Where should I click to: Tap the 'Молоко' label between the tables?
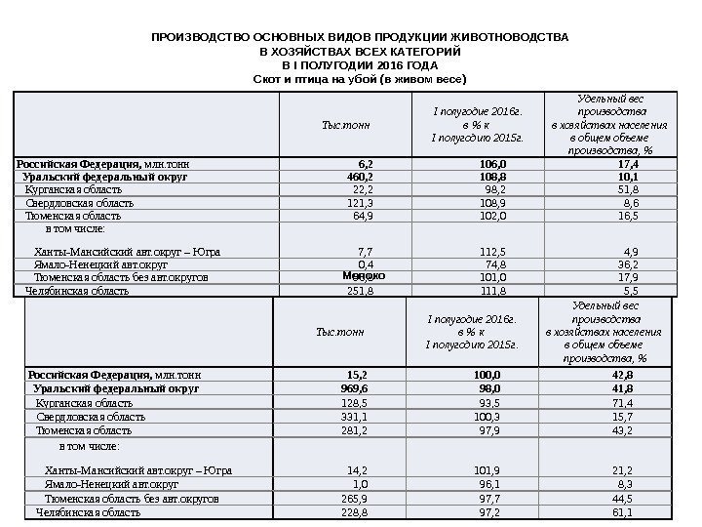pyautogui.click(x=365, y=276)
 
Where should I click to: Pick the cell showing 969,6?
pyautogui.click(x=362, y=387)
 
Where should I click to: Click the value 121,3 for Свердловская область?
pyautogui.click(x=361, y=203)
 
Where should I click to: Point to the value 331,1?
pyautogui.click(x=361, y=417)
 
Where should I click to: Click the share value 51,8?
pyautogui.click(x=628, y=189)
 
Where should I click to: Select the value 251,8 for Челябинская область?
pyautogui.click(x=361, y=291)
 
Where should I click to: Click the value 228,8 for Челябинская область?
pyautogui.click(x=361, y=511)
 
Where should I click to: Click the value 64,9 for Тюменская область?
pyautogui.click(x=364, y=216)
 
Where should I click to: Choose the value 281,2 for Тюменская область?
pyautogui.click(x=361, y=430)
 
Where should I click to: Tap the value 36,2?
pyautogui.click(x=628, y=264)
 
